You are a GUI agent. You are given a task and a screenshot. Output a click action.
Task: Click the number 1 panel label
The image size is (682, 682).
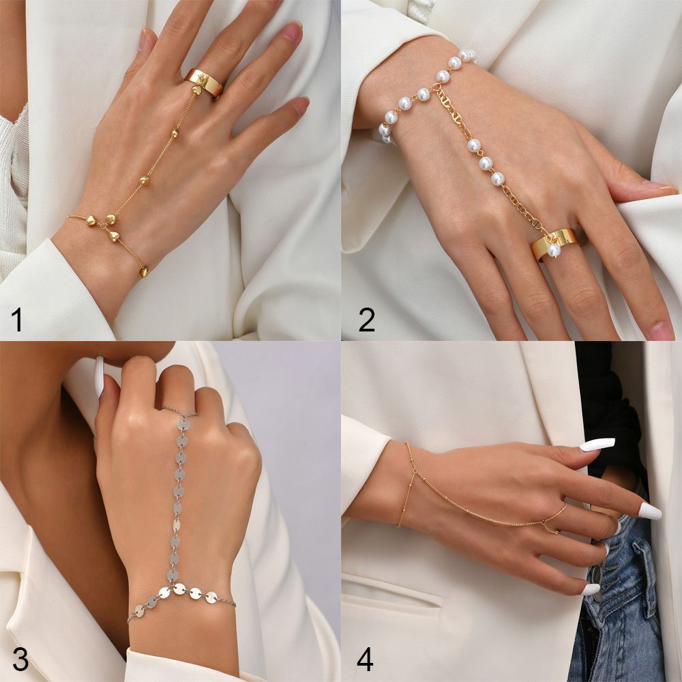point(17,319)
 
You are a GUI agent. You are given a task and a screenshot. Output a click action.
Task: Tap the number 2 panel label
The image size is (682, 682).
point(366,319)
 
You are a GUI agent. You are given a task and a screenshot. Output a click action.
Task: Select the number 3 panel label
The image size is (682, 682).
point(20,659)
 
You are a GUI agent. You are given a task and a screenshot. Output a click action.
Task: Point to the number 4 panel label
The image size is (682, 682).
point(366,659)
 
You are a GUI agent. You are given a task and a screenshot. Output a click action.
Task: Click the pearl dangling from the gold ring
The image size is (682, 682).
point(554,250)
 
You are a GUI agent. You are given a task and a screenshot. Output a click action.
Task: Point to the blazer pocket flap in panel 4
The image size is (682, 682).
point(392,590)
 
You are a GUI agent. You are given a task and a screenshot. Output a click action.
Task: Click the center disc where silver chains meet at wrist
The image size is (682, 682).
point(179,588)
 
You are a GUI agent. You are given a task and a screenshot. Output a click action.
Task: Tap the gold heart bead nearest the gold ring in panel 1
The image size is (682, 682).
point(175,133)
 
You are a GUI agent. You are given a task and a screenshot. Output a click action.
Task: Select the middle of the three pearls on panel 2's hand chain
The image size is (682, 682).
point(486,163)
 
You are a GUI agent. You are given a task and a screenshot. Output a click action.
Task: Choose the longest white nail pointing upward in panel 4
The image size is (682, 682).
point(597,444)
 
